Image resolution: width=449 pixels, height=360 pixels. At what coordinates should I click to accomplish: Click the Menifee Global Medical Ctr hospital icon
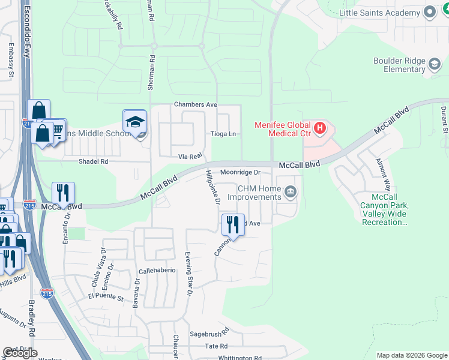click(x=321, y=128)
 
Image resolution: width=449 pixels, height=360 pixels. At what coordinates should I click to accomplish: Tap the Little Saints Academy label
click(x=379, y=12)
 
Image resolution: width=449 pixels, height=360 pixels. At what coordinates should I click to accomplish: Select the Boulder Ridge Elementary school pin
click(x=434, y=63)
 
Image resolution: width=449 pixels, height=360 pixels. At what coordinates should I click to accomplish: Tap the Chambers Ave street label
click(x=195, y=104)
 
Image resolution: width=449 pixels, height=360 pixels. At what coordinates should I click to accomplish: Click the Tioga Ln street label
click(x=223, y=134)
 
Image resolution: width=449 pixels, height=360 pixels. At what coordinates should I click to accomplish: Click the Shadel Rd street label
click(x=93, y=161)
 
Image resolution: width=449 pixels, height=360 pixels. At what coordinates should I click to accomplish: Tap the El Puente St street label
click(x=105, y=297)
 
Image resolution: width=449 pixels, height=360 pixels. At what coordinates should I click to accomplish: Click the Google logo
click(x=20, y=353)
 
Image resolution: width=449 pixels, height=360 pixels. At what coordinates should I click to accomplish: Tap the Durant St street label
click(x=444, y=119)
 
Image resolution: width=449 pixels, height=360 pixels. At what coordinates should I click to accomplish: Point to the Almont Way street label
click(x=382, y=173)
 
